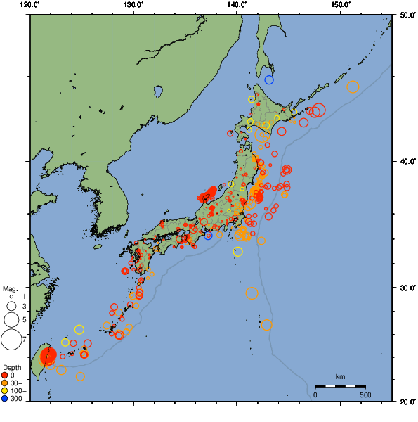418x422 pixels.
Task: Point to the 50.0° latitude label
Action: point(406,15)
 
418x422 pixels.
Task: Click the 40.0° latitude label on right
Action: point(406,161)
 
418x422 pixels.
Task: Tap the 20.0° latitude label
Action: point(406,402)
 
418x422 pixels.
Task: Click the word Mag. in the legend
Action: point(10,289)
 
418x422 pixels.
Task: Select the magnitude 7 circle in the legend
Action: point(11,340)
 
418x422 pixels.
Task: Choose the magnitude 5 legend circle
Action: point(11,320)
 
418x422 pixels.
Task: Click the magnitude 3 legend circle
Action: point(11,307)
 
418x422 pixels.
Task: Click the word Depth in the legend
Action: point(11,368)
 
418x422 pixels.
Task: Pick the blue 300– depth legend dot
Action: point(5,399)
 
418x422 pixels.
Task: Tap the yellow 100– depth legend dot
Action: point(5,391)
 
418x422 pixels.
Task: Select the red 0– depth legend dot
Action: point(5,376)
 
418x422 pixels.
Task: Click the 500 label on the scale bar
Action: point(365,395)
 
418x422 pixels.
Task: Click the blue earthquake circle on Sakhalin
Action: point(269,79)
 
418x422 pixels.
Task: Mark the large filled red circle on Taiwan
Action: point(48,356)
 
